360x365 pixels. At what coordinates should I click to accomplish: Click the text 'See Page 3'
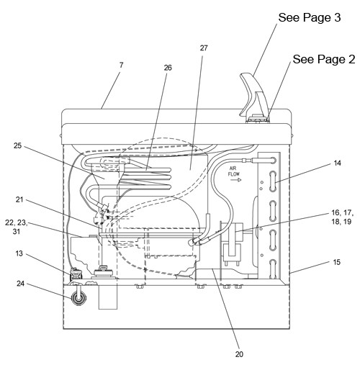point(310,17)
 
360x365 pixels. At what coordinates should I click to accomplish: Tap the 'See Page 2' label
point(324,59)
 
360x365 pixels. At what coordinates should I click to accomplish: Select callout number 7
point(121,65)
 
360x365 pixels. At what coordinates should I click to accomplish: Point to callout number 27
point(204,48)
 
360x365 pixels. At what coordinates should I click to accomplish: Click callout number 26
point(168,68)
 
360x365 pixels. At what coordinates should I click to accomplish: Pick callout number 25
point(17,145)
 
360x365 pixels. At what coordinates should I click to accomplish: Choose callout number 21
point(19,199)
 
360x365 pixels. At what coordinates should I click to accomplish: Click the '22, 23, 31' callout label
point(17,227)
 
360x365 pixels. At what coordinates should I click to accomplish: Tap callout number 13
point(19,253)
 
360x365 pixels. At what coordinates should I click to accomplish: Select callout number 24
point(20,284)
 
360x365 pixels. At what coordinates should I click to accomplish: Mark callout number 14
point(337,163)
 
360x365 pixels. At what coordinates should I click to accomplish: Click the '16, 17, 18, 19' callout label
point(343,217)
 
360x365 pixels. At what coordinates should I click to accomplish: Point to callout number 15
point(337,262)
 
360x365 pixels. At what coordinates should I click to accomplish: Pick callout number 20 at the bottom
point(239,354)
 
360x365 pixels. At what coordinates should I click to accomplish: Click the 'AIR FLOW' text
point(234,171)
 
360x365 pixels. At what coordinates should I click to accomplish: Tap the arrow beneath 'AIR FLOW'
point(235,180)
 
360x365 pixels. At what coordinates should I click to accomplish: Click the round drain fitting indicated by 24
point(78,298)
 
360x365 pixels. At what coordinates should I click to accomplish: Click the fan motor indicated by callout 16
point(232,243)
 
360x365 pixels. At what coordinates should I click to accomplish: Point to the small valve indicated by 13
point(76,275)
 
